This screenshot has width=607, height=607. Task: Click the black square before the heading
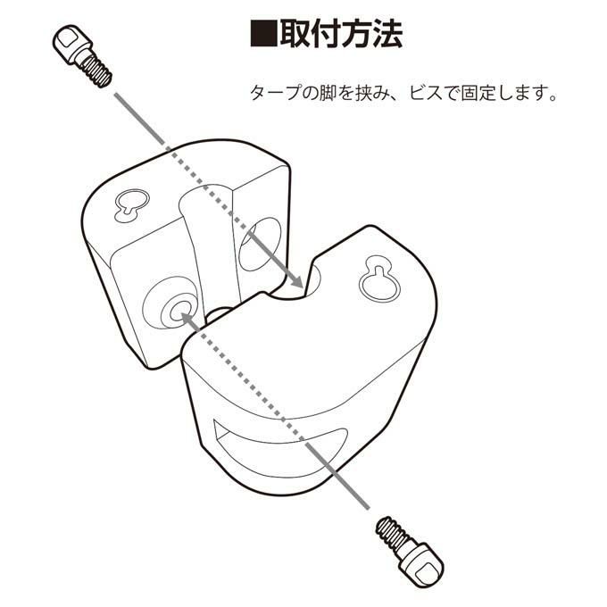coord(263,34)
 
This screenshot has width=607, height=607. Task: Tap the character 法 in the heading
coord(387,34)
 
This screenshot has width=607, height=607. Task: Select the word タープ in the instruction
coord(275,93)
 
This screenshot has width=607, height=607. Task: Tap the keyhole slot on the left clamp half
coord(132,204)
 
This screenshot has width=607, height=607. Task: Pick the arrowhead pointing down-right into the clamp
coord(295,279)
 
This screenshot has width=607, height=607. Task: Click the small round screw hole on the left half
coord(178,311)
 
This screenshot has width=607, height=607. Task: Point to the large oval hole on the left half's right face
coord(260,244)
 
